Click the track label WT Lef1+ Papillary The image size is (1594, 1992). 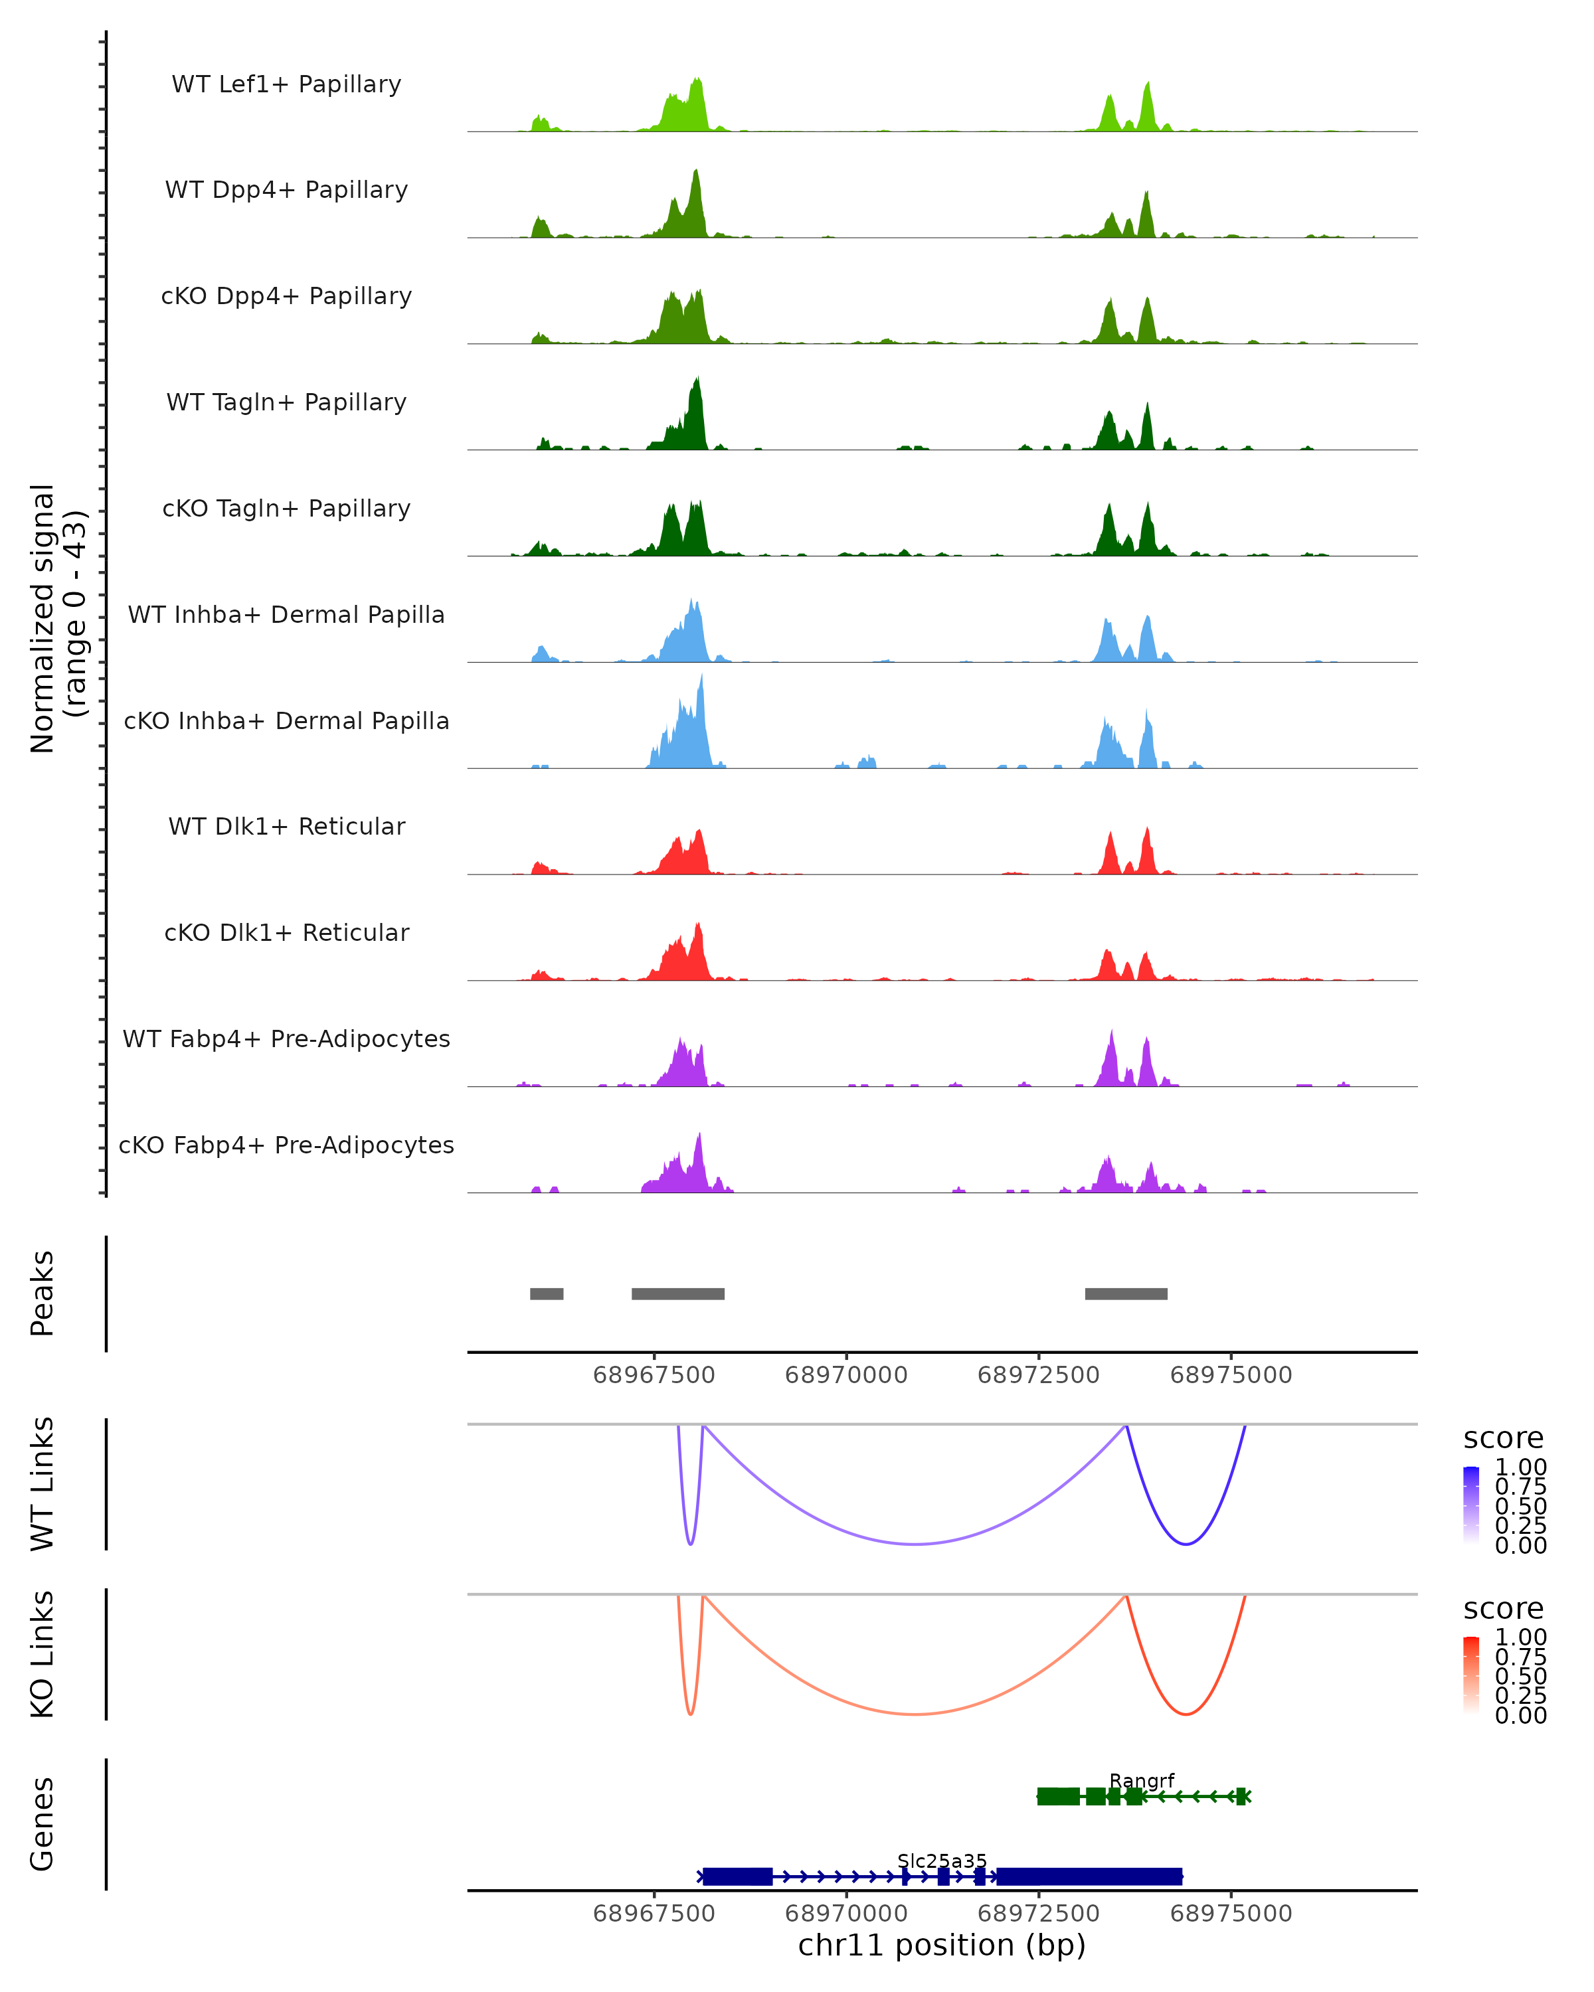coord(286,84)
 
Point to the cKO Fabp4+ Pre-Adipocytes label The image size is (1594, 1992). coord(286,1145)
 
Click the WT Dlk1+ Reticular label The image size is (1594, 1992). coord(286,826)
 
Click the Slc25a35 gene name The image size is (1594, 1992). coord(942,1861)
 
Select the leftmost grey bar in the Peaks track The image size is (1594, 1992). coord(546,1293)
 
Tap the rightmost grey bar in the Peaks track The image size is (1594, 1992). coord(1126,1293)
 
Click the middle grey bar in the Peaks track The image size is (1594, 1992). coord(677,1293)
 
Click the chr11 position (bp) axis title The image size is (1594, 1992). coord(942,1945)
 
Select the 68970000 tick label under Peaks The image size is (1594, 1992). coord(845,1375)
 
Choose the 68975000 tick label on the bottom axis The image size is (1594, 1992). coord(1231,1914)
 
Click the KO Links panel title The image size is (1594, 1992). coord(43,1654)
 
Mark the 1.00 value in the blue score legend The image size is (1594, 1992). coord(1520,1467)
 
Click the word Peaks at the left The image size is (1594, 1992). coord(43,1293)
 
